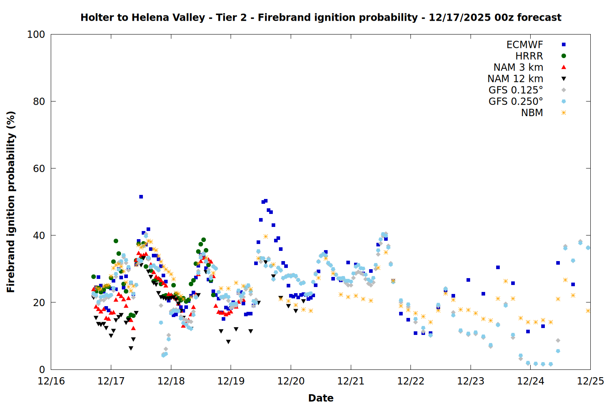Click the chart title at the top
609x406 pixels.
coord(321,17)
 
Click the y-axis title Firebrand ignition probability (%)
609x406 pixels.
coord(11,202)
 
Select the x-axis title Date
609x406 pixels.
coord(321,398)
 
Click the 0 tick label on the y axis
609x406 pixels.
coord(42,369)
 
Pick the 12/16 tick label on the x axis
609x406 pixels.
coord(51,381)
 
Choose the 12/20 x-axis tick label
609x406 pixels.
coord(291,381)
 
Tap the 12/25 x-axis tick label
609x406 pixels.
coord(590,381)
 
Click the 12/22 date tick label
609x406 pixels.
coord(410,381)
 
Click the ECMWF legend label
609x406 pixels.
coord(525,45)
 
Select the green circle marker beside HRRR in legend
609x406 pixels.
coord(564,56)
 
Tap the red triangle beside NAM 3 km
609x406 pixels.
coord(564,67)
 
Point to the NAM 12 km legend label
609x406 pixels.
coord(515,79)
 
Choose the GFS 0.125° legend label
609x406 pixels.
coord(516,90)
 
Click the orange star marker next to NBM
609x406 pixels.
coord(564,113)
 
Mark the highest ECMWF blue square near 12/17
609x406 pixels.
coord(141,197)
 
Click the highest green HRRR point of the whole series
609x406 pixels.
coord(203,240)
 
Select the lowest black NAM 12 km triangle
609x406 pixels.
coord(131,348)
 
